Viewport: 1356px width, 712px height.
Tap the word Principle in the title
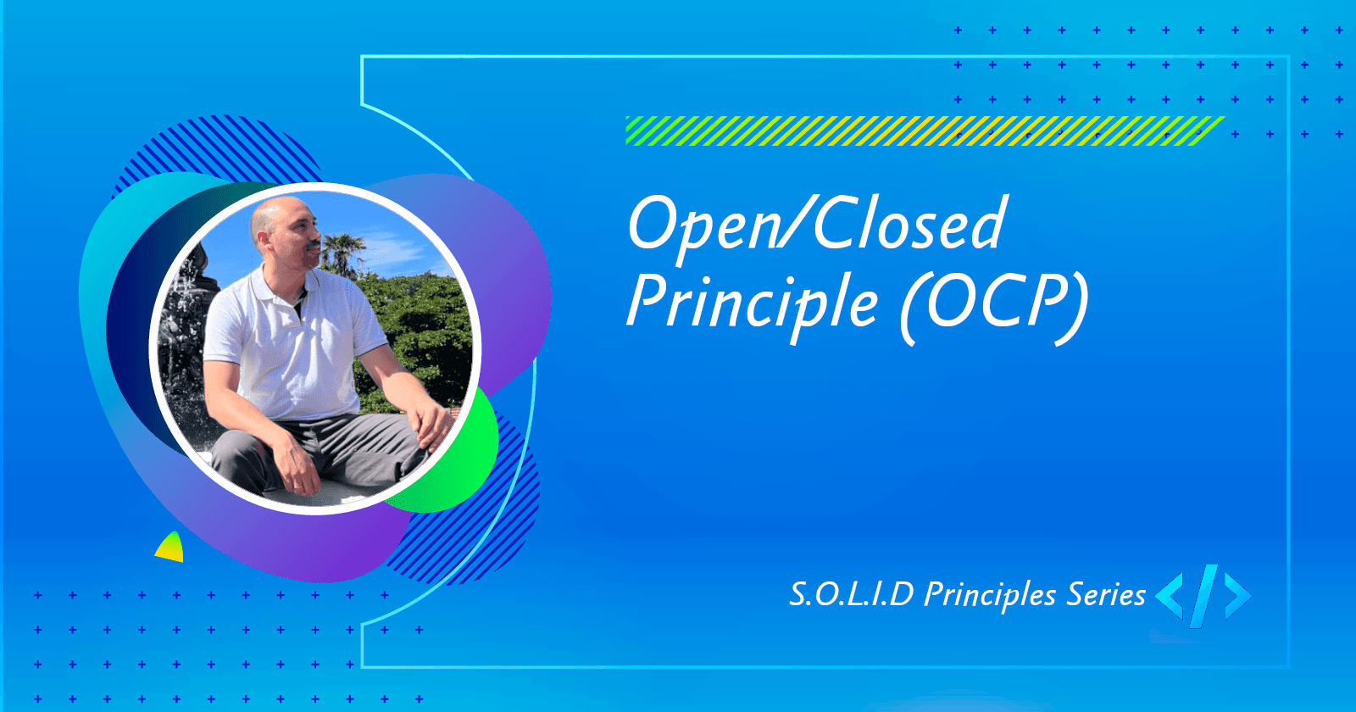(x=752, y=303)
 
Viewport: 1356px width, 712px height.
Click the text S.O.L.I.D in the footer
(x=851, y=594)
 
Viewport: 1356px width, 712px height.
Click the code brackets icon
(x=1203, y=595)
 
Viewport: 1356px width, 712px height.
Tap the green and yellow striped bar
(x=924, y=131)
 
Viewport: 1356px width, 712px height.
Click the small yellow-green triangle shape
(x=171, y=548)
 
